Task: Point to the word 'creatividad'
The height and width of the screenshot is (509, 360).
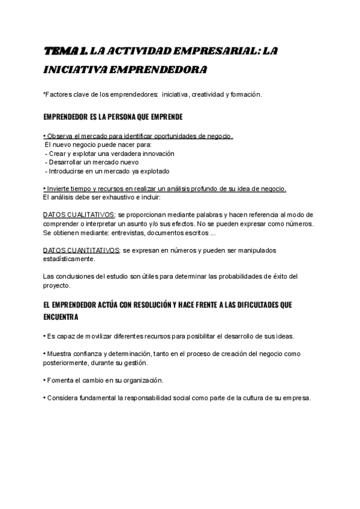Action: pyautogui.click(x=208, y=94)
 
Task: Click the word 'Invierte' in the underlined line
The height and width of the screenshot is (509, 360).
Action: pyautogui.click(x=59, y=188)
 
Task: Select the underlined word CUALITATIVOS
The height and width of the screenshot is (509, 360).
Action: pyautogui.click(x=89, y=214)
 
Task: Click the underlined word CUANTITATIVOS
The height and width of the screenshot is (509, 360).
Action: pyautogui.click(x=91, y=250)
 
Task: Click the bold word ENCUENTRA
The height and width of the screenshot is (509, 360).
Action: pyautogui.click(x=61, y=316)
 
